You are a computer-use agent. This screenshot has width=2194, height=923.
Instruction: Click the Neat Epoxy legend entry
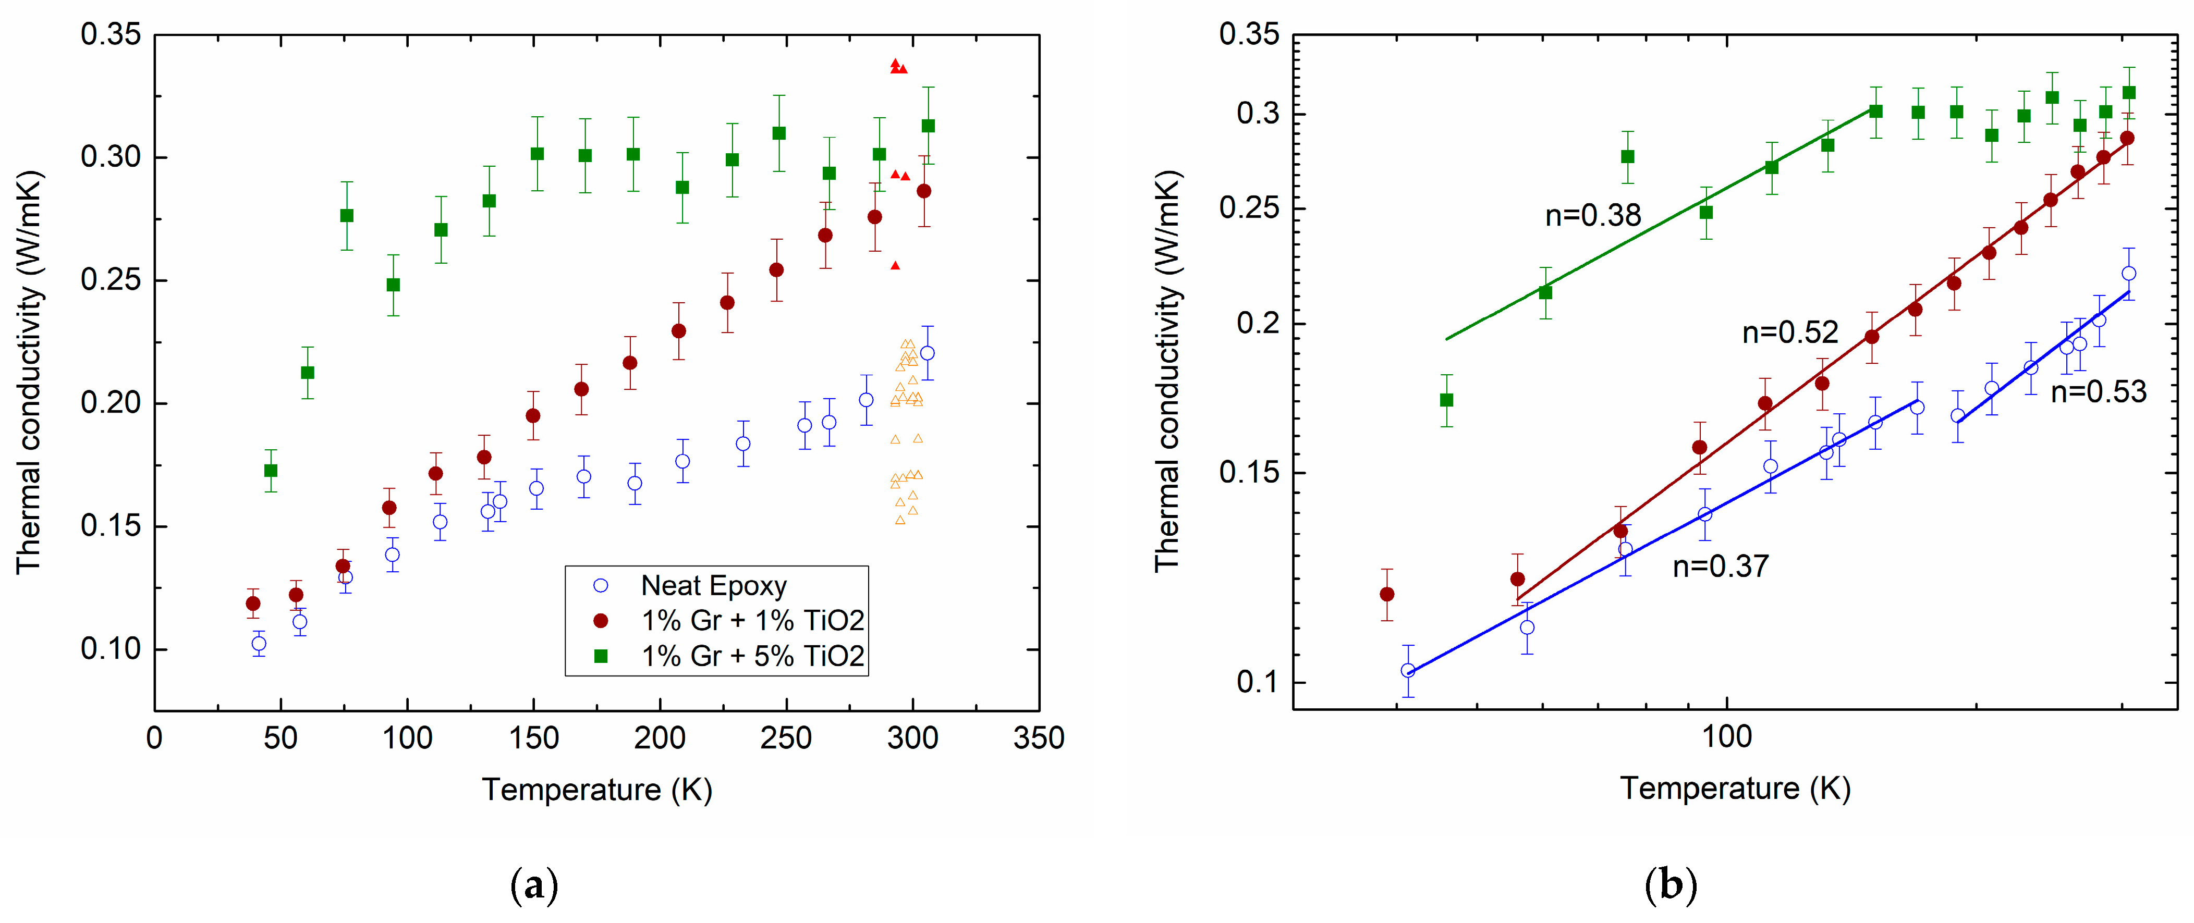[x=713, y=586]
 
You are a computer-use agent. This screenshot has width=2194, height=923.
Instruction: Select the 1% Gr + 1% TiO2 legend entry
[x=752, y=621]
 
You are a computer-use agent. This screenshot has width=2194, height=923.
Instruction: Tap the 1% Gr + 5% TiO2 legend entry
[x=752, y=656]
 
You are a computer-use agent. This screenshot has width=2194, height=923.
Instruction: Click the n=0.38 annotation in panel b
[x=1593, y=215]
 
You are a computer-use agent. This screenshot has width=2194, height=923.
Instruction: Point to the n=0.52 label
[x=1789, y=332]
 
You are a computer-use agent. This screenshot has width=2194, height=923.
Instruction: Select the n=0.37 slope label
[x=1721, y=566]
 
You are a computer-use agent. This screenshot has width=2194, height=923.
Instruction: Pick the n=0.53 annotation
[x=2098, y=392]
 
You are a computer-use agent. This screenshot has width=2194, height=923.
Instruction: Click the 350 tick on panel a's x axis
[x=1038, y=737]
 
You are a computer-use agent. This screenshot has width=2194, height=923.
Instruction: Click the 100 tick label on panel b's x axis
[x=1726, y=736]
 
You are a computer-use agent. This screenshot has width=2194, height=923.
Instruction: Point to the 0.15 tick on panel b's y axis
[x=1249, y=473]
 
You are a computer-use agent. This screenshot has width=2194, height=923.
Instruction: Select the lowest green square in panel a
[x=271, y=471]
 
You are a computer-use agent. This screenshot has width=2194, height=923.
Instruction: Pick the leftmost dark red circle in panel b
[x=1386, y=594]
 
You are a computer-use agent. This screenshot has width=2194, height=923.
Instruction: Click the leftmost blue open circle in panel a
[x=259, y=644]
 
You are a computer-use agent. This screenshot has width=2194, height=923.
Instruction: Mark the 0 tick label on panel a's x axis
[x=154, y=737]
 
